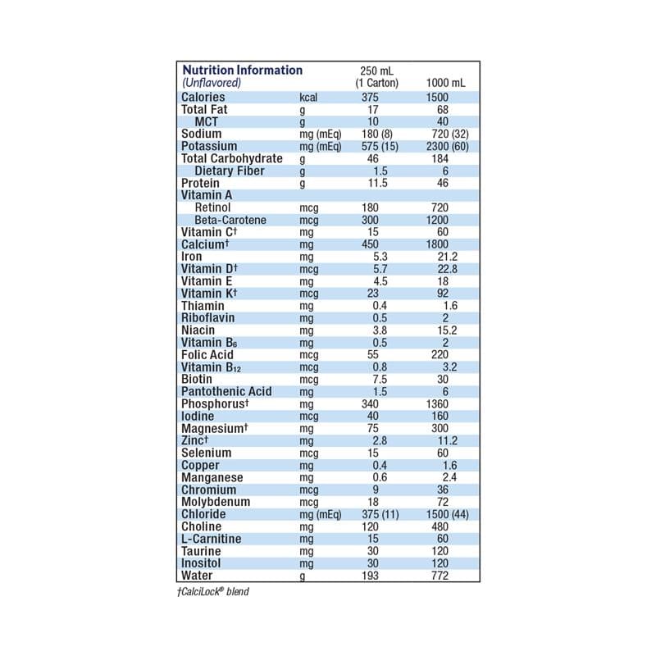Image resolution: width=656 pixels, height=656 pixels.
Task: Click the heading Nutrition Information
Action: click(x=242, y=71)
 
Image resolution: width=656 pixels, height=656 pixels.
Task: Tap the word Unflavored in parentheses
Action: click(x=211, y=84)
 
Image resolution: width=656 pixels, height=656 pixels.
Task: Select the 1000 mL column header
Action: click(x=446, y=84)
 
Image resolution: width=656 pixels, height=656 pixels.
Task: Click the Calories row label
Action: click(x=203, y=98)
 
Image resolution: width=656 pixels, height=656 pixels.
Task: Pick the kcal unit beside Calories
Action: click(x=308, y=98)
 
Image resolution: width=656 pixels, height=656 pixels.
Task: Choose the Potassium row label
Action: click(x=209, y=146)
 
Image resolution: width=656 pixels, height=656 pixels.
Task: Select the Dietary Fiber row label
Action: click(x=230, y=171)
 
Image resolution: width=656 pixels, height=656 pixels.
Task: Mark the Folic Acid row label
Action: click(x=207, y=355)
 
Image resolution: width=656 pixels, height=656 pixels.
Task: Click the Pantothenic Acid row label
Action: click(x=225, y=391)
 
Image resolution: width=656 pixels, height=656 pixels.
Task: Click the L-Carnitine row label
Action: click(x=211, y=539)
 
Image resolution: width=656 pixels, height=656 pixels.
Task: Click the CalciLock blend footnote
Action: click(x=212, y=591)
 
